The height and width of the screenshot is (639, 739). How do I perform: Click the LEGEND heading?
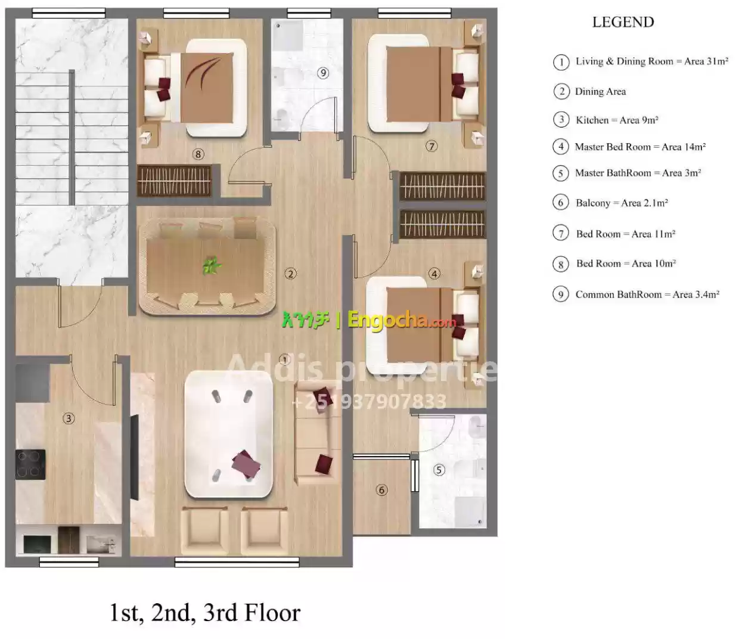(x=623, y=22)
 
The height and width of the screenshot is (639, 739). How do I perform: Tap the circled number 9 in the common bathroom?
(x=323, y=73)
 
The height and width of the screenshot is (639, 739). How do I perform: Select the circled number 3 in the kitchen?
(x=69, y=418)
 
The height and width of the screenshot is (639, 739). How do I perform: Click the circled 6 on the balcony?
(x=381, y=489)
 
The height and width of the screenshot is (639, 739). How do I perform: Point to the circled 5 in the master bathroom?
(x=439, y=470)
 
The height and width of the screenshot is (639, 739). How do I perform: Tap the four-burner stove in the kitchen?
(x=30, y=464)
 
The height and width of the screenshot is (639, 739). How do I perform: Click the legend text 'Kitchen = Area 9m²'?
(x=617, y=120)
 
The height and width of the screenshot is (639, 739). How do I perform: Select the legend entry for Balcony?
(x=622, y=203)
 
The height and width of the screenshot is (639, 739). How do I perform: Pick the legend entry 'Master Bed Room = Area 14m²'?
(x=640, y=147)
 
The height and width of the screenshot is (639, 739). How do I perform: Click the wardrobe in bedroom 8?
(x=175, y=181)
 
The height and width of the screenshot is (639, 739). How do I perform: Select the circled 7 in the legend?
(x=561, y=234)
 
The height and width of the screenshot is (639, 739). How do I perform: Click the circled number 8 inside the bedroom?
(x=198, y=154)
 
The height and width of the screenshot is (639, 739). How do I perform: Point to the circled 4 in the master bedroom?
(x=434, y=274)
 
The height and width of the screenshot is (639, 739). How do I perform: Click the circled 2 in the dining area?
(x=290, y=274)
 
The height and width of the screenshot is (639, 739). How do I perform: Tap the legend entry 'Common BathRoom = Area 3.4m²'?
(x=647, y=294)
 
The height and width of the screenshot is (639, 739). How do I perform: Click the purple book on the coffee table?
(x=246, y=464)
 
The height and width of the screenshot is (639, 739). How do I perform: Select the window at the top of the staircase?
(x=69, y=14)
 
